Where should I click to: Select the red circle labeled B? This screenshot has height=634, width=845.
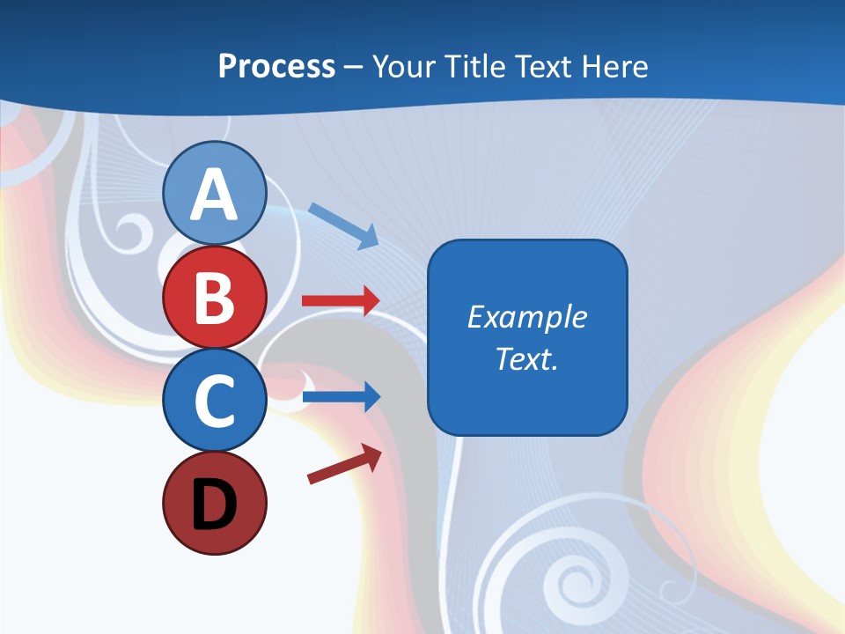click(214, 298)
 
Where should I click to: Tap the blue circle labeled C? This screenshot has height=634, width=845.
click(214, 401)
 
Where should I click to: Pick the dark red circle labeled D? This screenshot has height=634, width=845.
click(214, 504)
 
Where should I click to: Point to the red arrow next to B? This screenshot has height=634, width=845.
click(341, 300)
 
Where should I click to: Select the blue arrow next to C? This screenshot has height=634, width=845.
click(341, 397)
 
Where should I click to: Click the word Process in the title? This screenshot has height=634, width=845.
click(276, 66)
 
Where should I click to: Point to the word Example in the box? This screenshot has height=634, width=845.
click(526, 317)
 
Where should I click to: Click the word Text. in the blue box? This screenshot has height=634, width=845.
click(526, 358)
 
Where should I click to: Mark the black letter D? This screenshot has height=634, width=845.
click(214, 505)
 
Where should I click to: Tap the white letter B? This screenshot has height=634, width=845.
click(214, 299)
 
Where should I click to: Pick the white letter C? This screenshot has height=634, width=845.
click(214, 402)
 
